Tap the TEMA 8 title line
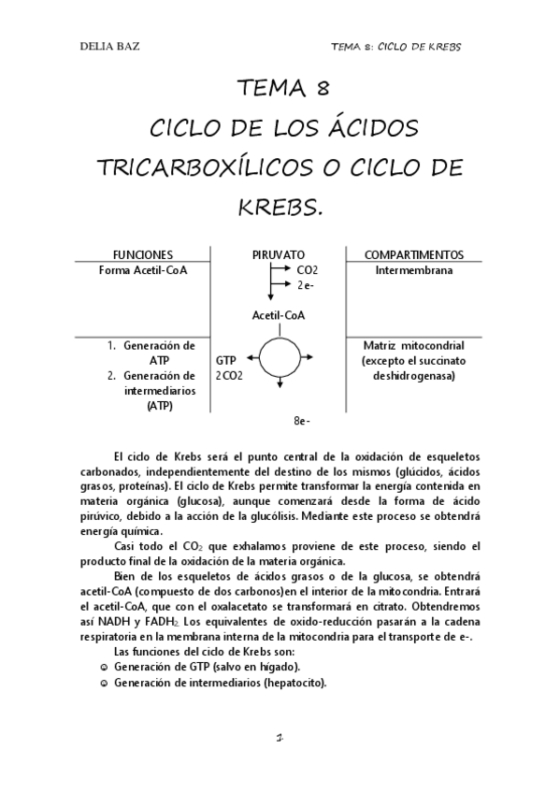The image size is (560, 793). click(x=280, y=90)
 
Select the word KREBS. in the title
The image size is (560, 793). click(x=280, y=204)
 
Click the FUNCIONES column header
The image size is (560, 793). click(x=142, y=254)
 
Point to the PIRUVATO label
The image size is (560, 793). click(x=279, y=254)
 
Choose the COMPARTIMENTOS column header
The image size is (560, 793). click(x=413, y=254)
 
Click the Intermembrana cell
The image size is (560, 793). click(x=413, y=270)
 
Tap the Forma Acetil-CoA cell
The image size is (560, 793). click(x=142, y=270)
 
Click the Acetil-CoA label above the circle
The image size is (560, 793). click(x=279, y=315)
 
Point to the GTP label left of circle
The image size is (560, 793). click(x=225, y=360)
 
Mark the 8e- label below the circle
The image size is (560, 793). click(x=301, y=421)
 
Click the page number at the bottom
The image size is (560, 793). click(x=280, y=738)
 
